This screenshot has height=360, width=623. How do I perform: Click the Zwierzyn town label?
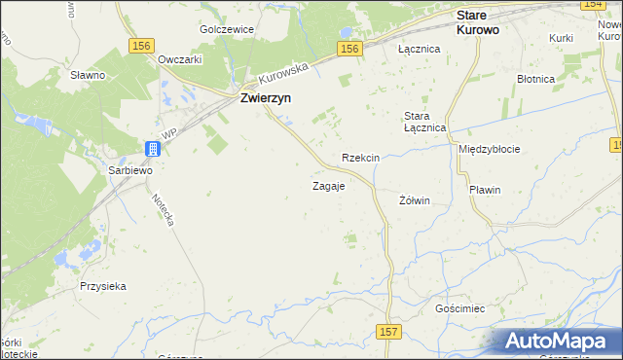pos(268,98)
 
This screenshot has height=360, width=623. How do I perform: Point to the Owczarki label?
pos(179,58)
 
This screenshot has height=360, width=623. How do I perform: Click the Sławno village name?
pos(89,74)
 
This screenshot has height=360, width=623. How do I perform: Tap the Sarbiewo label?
pos(129,168)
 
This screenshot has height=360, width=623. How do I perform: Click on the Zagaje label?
pos(328,185)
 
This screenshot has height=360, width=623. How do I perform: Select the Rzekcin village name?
pos(360,158)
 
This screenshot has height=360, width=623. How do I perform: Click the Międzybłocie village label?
pos(489,149)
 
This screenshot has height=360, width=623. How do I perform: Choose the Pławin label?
pos(484,190)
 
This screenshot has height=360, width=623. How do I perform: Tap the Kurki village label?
pos(561,37)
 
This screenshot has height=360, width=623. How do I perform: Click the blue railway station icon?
pos(153,149)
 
